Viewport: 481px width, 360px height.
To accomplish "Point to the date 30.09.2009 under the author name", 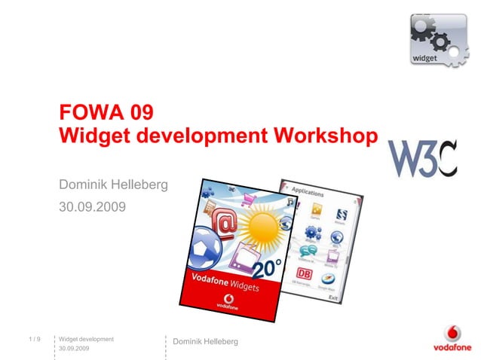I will pyautogui.click(x=93, y=205).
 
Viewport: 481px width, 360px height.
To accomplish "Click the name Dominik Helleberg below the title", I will pyautogui.click(x=113, y=184).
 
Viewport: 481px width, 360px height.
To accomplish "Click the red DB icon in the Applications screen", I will pyautogui.click(x=305, y=273).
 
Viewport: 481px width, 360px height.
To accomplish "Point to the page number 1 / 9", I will pyautogui.click(x=33, y=340).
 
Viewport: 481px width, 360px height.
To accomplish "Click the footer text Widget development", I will pyautogui.click(x=86, y=340).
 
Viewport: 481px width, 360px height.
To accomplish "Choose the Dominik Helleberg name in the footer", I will pyautogui.click(x=205, y=342).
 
